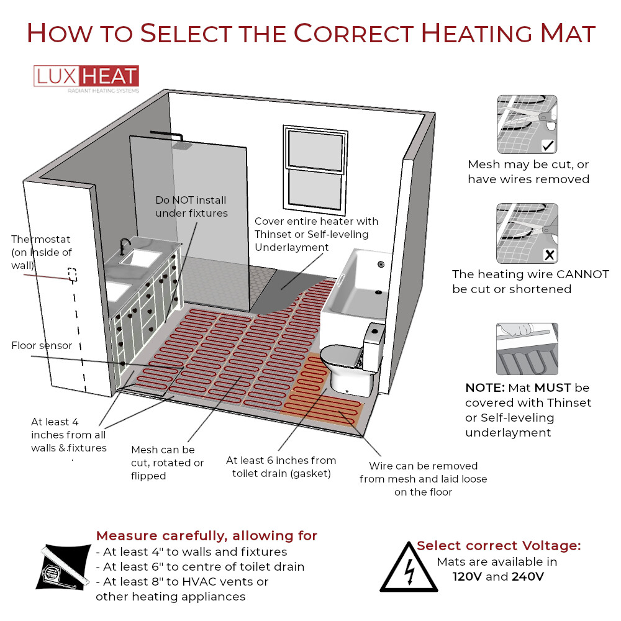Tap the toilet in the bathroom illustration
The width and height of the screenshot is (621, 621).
click(x=351, y=360)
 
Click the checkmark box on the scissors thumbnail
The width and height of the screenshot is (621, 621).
click(x=548, y=146)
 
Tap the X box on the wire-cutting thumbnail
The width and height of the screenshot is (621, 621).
click(x=548, y=254)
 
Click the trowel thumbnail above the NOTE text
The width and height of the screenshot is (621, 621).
click(x=527, y=348)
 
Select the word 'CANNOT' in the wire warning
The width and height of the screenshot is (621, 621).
click(x=581, y=274)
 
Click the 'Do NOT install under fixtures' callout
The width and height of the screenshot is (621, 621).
click(x=191, y=207)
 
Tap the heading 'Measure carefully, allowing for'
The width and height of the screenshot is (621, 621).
click(x=206, y=535)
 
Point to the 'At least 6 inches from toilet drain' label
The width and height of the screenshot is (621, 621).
click(x=281, y=466)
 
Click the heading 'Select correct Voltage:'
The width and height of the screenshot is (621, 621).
click(x=499, y=546)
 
